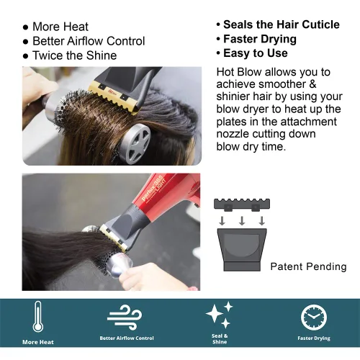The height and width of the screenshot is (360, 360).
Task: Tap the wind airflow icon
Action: click(125, 316)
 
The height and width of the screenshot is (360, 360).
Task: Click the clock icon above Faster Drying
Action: click(313, 316)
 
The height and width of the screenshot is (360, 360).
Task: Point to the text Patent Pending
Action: click(308, 266)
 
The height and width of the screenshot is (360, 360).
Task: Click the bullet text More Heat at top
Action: click(60, 27)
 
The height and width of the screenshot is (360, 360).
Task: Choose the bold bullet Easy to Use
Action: click(256, 53)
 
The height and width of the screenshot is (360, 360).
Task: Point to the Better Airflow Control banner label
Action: click(126, 337)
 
